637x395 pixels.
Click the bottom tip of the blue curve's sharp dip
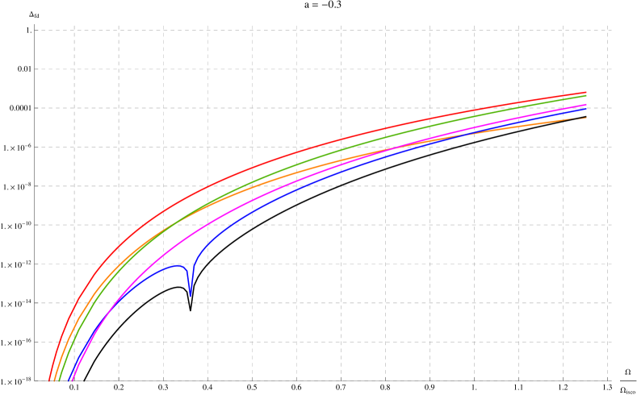click(x=191, y=296)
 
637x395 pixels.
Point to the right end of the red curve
click(x=585, y=92)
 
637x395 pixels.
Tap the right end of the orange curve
click(x=585, y=118)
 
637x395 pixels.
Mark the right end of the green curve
click(x=585, y=95)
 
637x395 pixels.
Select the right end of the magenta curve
click(x=585, y=104)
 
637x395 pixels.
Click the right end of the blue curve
click(x=585, y=108)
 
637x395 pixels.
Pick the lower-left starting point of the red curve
click(x=49, y=380)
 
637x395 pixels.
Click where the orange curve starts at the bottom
click(x=54, y=380)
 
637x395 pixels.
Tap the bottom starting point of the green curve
click(x=60, y=380)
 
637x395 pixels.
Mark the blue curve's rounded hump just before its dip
click(x=176, y=265)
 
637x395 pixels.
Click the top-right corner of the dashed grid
click(x=607, y=31)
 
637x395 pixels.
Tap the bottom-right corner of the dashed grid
click(x=607, y=380)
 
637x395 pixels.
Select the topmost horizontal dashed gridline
click(x=323, y=31)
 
